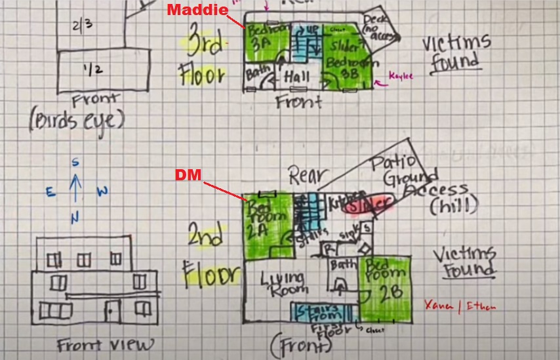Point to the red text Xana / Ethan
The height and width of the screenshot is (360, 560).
[459, 306]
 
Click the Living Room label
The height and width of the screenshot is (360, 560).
[283, 283]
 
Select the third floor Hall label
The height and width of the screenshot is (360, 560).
[297, 77]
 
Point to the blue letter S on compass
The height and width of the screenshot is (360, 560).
[75, 162]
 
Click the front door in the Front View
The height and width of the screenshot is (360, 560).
[113, 311]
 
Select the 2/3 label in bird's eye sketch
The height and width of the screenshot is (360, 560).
[83, 25]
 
